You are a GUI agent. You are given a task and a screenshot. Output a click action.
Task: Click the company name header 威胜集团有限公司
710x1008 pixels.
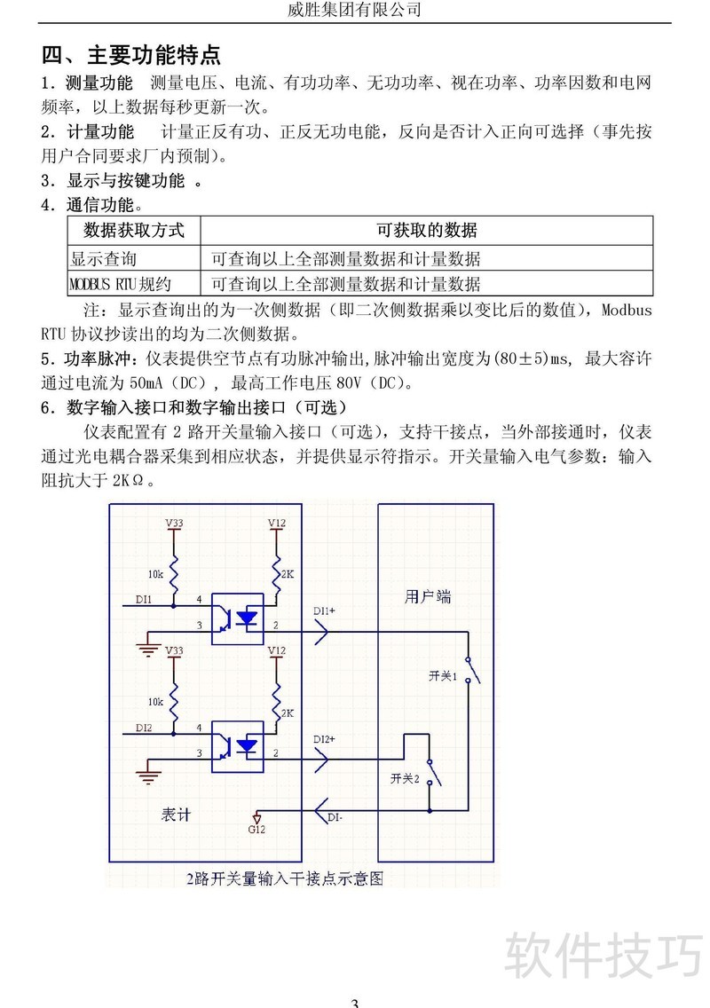pyautogui.click(x=354, y=11)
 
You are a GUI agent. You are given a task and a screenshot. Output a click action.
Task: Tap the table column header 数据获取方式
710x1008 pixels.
pyautogui.click(x=133, y=231)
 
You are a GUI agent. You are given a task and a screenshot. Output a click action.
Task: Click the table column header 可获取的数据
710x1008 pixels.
pyautogui.click(x=427, y=231)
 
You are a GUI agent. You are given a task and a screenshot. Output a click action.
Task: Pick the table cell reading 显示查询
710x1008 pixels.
pyautogui.click(x=104, y=259)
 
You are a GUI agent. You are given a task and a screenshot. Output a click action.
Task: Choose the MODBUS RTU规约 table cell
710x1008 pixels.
pyautogui.click(x=120, y=285)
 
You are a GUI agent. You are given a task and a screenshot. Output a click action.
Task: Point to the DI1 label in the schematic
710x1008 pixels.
pyautogui.click(x=144, y=600)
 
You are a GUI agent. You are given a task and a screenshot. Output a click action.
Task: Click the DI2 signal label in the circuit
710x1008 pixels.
pyautogui.click(x=144, y=727)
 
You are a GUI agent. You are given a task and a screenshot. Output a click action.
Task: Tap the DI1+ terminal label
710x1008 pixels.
pyautogui.click(x=324, y=611)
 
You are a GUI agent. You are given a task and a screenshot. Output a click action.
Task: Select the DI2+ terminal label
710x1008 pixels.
pyautogui.click(x=324, y=739)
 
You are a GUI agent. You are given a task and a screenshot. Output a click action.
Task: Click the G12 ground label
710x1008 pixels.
pyautogui.click(x=256, y=829)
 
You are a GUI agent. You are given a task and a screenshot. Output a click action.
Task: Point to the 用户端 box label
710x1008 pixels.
pyautogui.click(x=428, y=596)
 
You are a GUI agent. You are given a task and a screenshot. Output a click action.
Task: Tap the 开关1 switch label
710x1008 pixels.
pyautogui.click(x=442, y=676)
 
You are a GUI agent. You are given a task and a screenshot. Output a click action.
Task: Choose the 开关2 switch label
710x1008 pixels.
pyautogui.click(x=405, y=778)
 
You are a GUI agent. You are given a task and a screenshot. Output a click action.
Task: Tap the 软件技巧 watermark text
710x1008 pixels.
pyautogui.click(x=603, y=956)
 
